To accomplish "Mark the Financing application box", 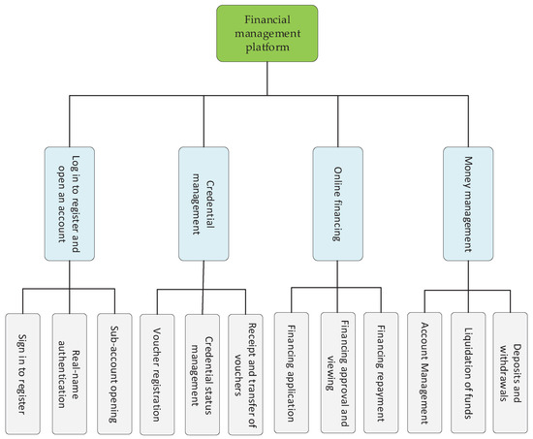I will pos(293,358).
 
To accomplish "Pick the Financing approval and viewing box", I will pos(337,358).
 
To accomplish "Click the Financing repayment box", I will pos(382,358).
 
